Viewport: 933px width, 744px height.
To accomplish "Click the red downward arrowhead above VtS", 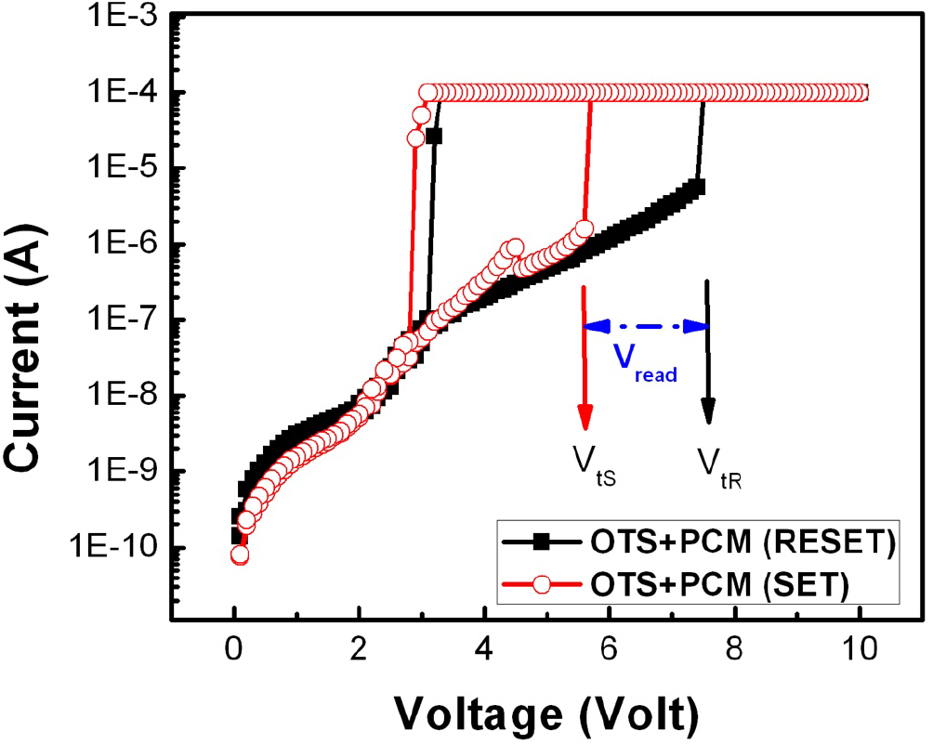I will (x=584, y=417).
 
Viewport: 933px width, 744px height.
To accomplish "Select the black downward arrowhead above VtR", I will (x=708, y=411).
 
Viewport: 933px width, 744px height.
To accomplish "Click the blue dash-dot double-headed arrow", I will (x=645, y=326).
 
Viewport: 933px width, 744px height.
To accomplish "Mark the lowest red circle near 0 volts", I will (x=240, y=555).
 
